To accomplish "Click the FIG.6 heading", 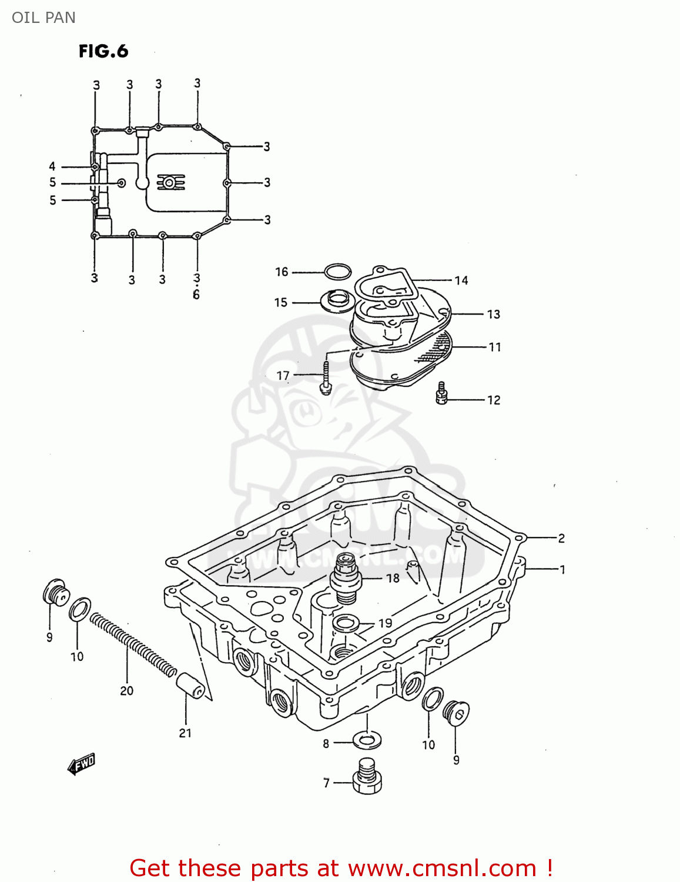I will click(x=103, y=52).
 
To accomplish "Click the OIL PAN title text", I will click(x=43, y=18).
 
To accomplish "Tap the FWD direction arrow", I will click(x=81, y=764).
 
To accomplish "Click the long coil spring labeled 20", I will click(x=133, y=644).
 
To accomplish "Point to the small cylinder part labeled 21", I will click(x=190, y=686).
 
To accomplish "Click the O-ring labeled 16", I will click(x=337, y=272).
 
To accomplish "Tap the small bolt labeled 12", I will click(x=442, y=393).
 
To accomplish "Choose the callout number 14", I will click(x=461, y=280).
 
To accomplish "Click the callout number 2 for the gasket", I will click(x=561, y=538).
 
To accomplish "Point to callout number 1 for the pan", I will click(x=562, y=569).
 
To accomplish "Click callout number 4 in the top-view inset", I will click(x=52, y=166).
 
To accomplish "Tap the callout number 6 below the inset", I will click(x=196, y=295).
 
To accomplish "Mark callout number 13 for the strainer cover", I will click(x=493, y=314).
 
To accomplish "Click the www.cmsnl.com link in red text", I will click(x=442, y=868).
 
